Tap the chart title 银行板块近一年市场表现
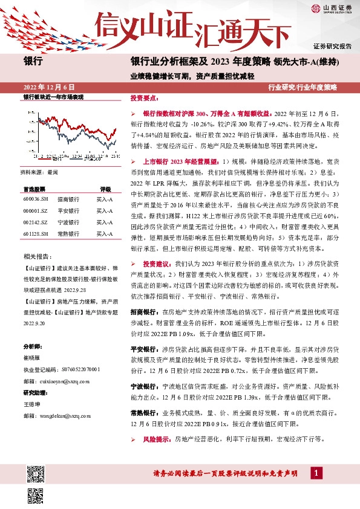[x=53, y=97]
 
